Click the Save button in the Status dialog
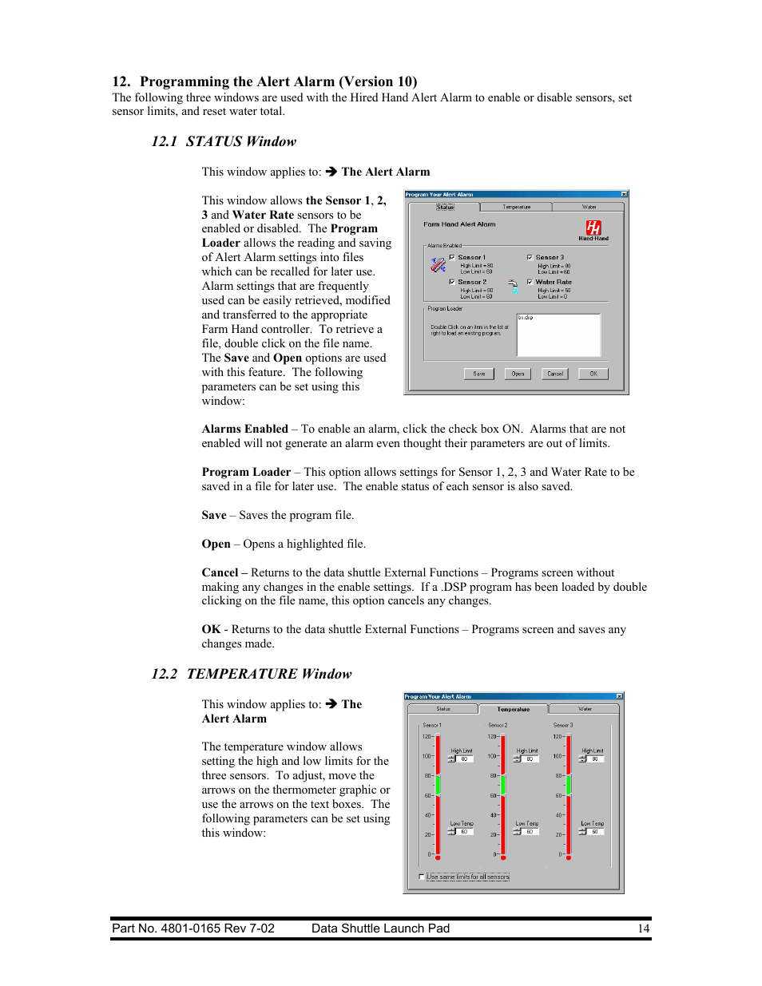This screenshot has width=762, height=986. coord(479,374)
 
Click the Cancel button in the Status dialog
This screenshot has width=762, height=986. coord(555,374)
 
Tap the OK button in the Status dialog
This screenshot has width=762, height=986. coord(593,374)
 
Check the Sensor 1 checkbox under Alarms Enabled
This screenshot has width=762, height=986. coord(452,257)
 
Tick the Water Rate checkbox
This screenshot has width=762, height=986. coord(530,282)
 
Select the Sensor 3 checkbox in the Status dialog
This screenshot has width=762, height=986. coord(530,257)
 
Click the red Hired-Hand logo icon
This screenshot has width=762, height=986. coord(593,228)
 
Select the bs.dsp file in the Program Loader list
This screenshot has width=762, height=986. coord(526,318)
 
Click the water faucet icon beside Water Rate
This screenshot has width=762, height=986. coord(513,287)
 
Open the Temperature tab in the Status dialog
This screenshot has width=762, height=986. coord(517,207)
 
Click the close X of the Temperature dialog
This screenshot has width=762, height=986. coord(619,696)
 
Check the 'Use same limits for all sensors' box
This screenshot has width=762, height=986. coord(422,877)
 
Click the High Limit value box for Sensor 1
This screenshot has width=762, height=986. coord(463,759)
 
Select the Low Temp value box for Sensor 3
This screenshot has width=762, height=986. coord(594,832)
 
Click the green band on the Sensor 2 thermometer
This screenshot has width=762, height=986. coord(503,785)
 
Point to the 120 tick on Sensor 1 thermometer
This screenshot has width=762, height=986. coord(427,736)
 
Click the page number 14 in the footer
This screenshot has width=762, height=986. coord(643,929)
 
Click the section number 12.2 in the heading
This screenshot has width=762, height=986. coord(165,674)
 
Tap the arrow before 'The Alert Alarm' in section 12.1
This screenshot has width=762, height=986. coord(331,172)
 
